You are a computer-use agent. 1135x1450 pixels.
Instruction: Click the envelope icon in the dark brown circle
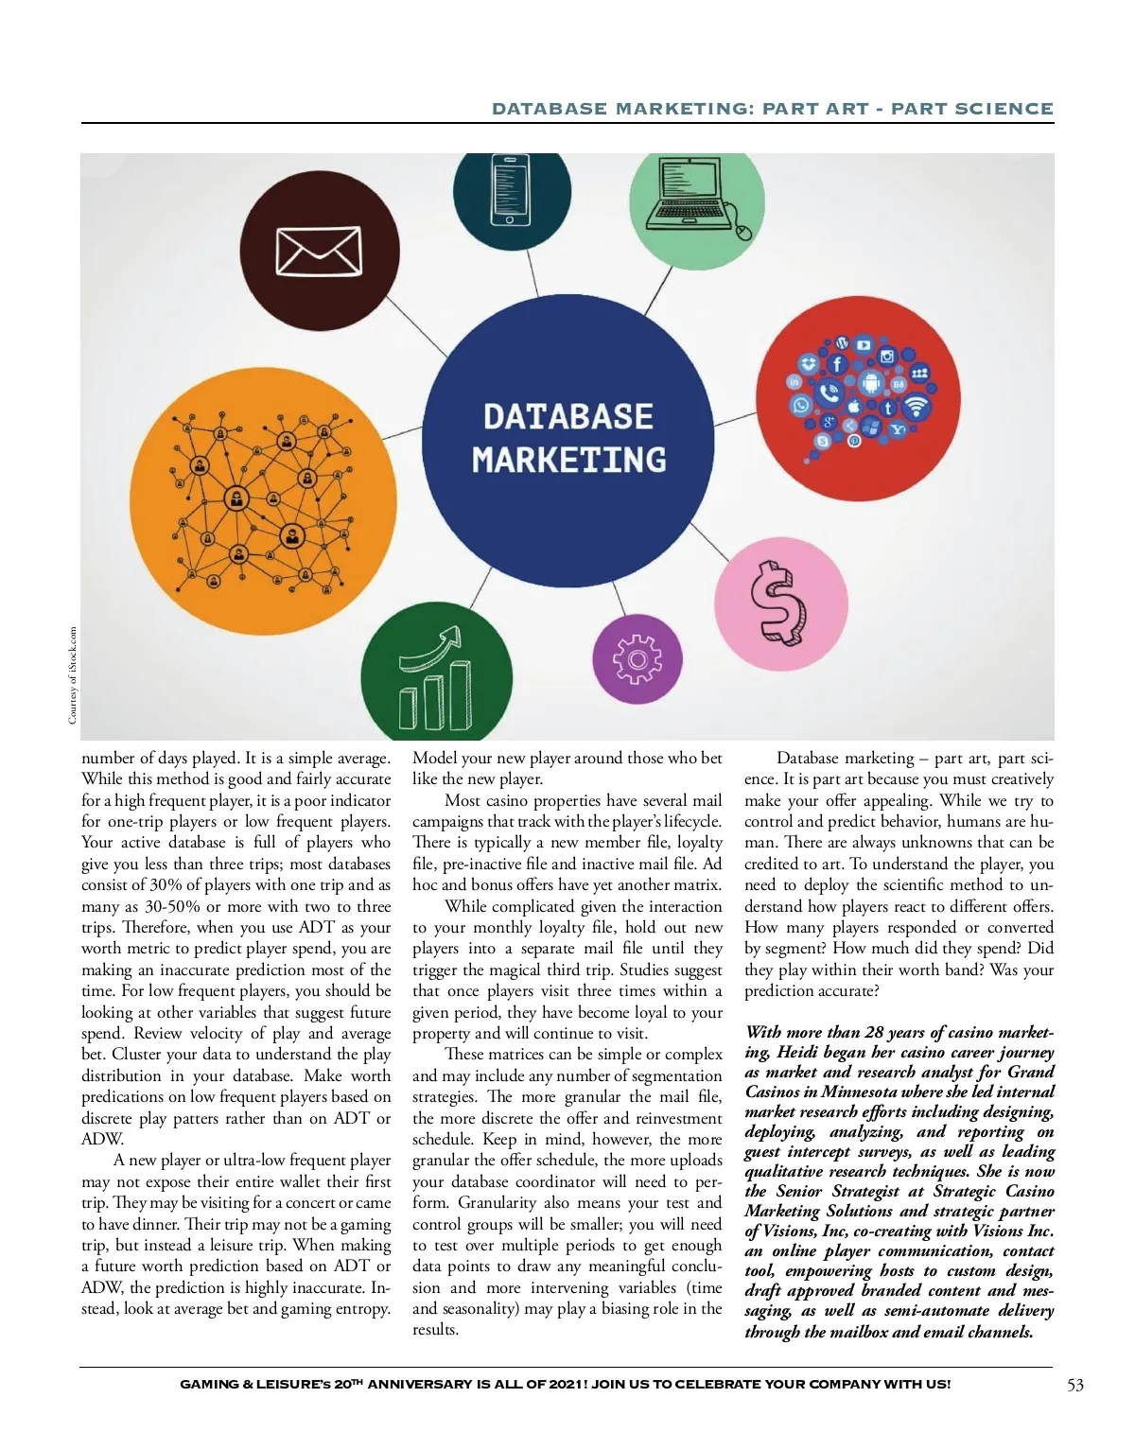pos(318,253)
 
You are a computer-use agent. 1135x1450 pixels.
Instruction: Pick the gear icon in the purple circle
pos(637,659)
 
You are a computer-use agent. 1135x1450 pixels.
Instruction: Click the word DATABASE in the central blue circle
pos(567,417)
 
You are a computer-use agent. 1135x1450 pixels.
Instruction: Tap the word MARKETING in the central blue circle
pos(568,461)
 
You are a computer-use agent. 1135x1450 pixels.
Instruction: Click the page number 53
pos(1075,1385)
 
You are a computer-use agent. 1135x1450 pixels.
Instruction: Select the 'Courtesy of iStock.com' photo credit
pos(73,675)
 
